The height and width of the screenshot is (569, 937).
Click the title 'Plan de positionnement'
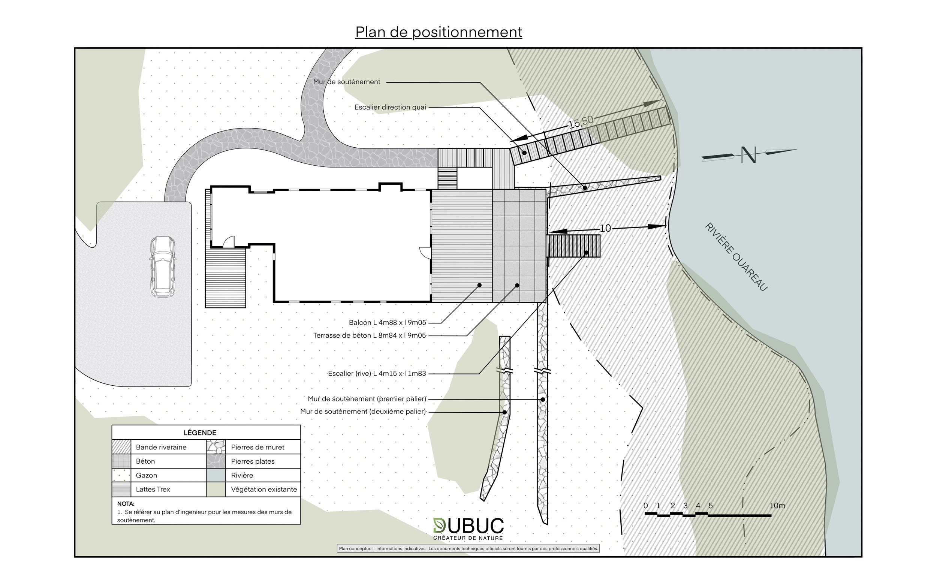click(439, 32)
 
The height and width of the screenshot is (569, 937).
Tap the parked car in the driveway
click(163, 266)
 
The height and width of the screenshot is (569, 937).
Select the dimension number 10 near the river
click(605, 228)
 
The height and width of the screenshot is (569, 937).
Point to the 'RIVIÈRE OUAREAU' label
click(736, 257)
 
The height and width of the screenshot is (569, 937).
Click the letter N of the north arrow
click(748, 155)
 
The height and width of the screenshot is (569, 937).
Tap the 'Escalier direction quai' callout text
click(390, 107)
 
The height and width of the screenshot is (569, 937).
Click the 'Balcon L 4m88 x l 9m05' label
click(387, 322)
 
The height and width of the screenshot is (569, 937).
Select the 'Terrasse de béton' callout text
click(369, 335)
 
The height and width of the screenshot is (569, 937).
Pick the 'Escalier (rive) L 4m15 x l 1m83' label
click(377, 373)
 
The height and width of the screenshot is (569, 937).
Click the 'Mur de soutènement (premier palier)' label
click(367, 399)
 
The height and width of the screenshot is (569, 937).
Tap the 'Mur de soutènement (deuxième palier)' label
click(363, 412)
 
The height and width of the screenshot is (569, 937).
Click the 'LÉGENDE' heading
click(200, 433)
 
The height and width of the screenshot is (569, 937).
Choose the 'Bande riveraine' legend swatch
click(121, 447)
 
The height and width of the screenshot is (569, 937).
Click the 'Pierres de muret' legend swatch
click(216, 447)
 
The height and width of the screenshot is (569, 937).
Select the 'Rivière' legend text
click(242, 475)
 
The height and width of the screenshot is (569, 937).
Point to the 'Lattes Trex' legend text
click(153, 490)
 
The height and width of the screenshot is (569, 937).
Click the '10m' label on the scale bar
click(777, 506)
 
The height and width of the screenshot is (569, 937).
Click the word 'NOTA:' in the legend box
click(126, 504)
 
